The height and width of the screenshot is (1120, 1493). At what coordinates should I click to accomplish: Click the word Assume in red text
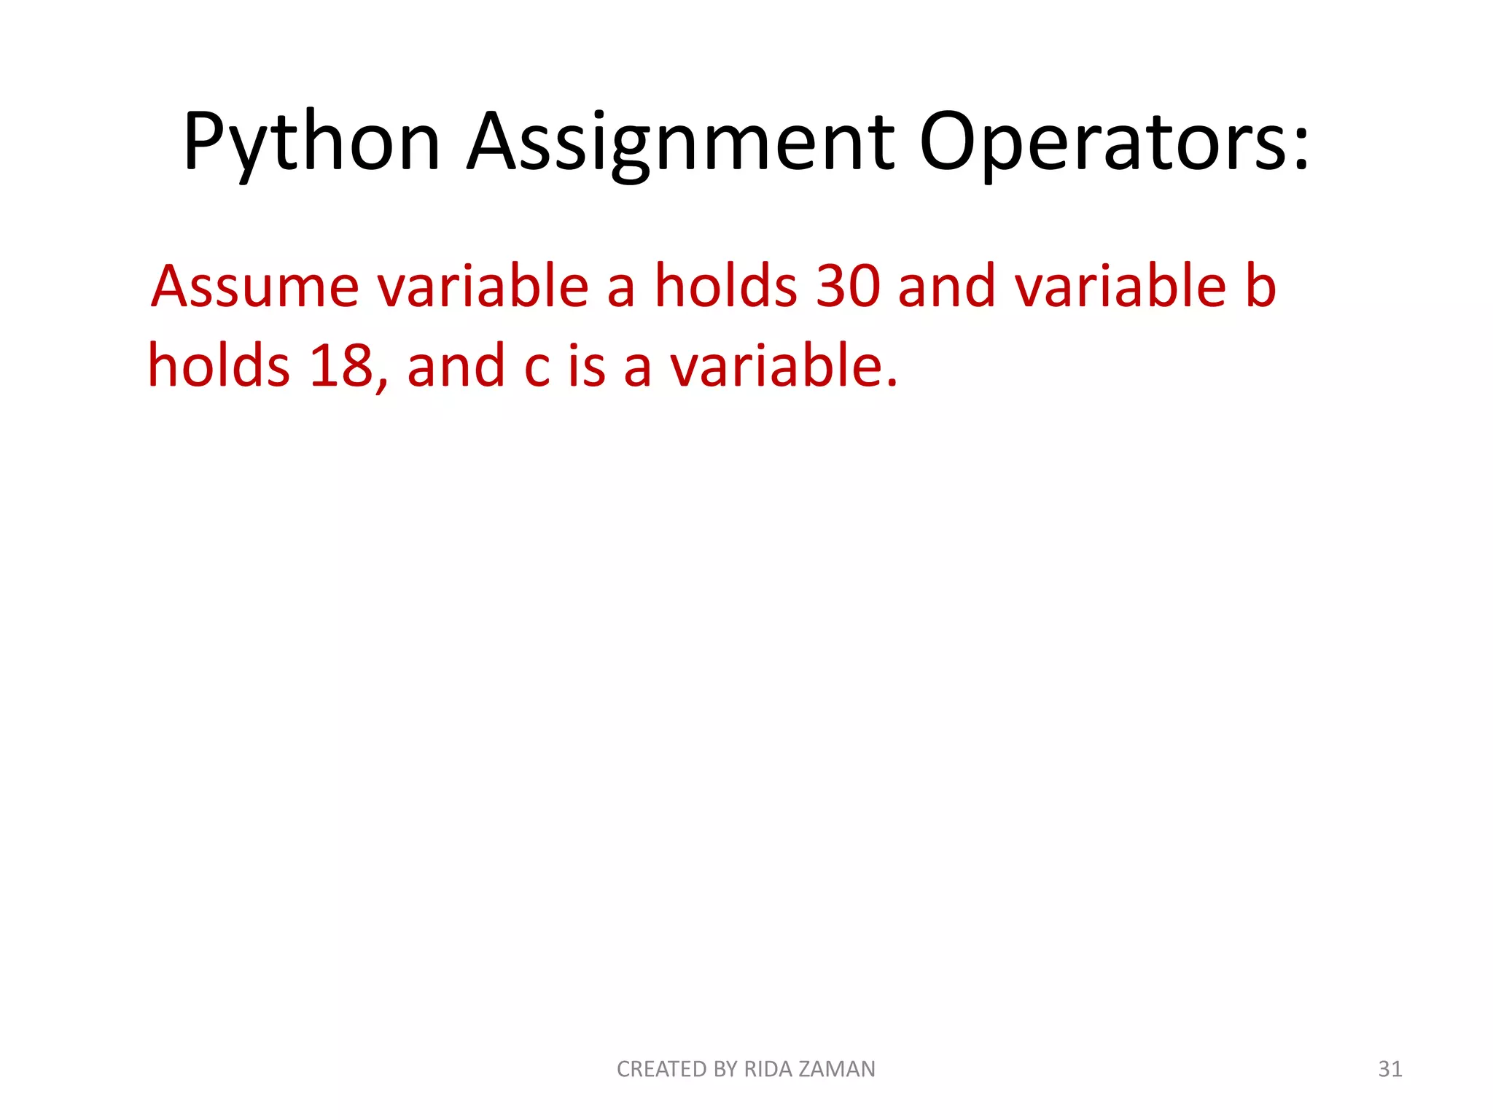(255, 286)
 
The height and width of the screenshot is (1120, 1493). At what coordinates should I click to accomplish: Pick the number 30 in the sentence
(848, 286)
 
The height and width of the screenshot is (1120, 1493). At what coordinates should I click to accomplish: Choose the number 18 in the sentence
(341, 365)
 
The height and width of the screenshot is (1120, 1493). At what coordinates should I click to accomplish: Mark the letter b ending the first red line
(1260, 286)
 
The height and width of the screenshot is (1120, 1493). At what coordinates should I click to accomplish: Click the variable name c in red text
(537, 367)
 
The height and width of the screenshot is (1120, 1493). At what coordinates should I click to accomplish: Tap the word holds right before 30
(725, 286)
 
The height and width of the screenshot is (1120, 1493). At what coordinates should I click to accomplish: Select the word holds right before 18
(219, 365)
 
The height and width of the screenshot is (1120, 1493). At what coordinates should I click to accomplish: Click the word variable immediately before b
(1121, 286)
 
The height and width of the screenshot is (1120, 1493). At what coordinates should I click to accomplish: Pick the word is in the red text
(587, 365)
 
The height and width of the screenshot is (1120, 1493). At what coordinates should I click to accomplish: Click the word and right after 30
(947, 286)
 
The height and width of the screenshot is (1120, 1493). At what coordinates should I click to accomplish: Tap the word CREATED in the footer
(662, 1069)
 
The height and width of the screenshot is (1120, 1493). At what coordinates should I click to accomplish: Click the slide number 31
(1390, 1069)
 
